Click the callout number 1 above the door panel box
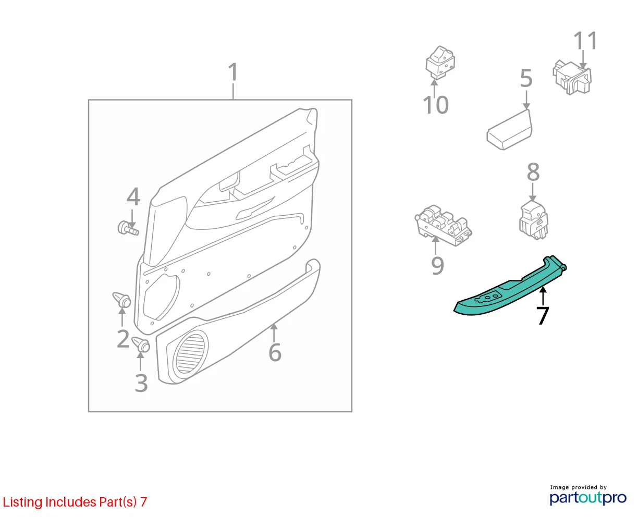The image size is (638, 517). pos(233,72)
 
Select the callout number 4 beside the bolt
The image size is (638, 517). pos(133,196)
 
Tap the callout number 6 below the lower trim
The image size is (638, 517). pos(275,352)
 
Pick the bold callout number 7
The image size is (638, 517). pos(543,315)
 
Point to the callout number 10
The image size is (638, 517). pos(436,105)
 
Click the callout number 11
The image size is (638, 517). pos(585,41)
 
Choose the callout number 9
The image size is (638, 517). pos(437,265)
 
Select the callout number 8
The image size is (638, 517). pos(533,172)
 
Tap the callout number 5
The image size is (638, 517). pos(526,78)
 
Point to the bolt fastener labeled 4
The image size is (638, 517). pos(128,228)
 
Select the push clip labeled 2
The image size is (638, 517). pos(122,300)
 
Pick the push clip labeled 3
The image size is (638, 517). pos(141,344)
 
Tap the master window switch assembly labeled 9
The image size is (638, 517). pos(443,225)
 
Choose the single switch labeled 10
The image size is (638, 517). pos(440,63)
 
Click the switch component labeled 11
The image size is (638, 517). pos(572,77)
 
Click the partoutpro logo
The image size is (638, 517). pos(588,498)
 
